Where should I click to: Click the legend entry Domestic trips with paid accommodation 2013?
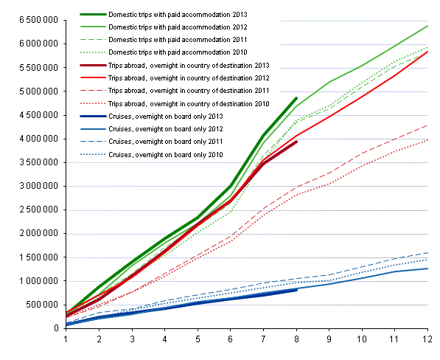click(x=187, y=14)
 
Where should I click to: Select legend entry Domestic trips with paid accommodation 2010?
click(x=187, y=52)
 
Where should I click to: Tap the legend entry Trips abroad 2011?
click(x=187, y=91)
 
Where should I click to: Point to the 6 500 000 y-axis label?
click(x=31, y=20)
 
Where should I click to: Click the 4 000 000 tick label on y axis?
click(x=31, y=139)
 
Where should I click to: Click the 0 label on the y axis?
click(x=56, y=328)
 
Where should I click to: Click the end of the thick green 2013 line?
click(x=296, y=98)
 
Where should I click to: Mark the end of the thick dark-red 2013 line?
click(x=296, y=142)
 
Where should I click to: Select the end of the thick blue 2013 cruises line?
click(x=296, y=290)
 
